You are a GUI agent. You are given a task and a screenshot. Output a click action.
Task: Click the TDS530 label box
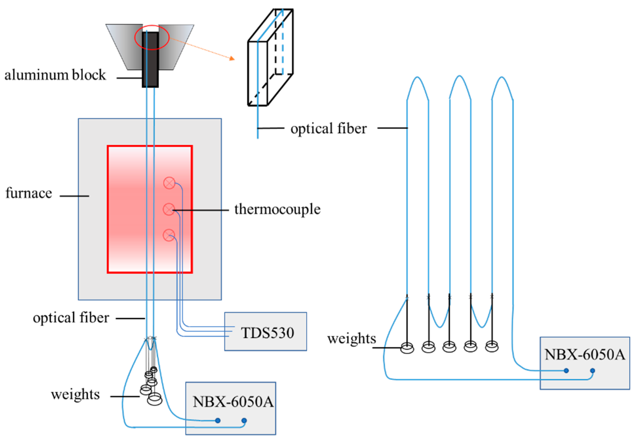[x=265, y=331]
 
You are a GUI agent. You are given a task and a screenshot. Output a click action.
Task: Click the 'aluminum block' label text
[x=55, y=75]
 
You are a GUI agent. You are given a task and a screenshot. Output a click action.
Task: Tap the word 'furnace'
[x=29, y=193]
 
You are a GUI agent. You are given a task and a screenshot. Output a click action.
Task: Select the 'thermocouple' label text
[x=277, y=209]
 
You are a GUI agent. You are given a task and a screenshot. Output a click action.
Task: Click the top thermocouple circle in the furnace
[x=169, y=183]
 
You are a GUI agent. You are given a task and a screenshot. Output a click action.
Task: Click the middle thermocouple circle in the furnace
[x=169, y=209]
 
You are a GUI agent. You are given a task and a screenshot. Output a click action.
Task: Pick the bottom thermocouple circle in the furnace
[x=169, y=235]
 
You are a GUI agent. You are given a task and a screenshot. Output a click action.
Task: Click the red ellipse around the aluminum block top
[x=152, y=37]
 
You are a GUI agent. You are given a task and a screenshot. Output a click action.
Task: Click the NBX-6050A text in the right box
[x=584, y=355]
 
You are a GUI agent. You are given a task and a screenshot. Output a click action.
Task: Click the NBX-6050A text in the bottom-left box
[x=233, y=402]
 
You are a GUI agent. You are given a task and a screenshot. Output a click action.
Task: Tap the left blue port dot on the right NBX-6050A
[x=566, y=371]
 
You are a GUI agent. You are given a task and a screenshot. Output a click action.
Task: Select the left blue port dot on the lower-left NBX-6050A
[x=218, y=420]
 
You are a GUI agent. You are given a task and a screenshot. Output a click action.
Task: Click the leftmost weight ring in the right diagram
[x=407, y=348]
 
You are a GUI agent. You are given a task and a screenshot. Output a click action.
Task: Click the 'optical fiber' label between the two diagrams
[x=328, y=128]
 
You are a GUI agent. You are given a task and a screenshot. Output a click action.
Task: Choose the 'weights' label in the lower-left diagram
[x=75, y=394]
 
